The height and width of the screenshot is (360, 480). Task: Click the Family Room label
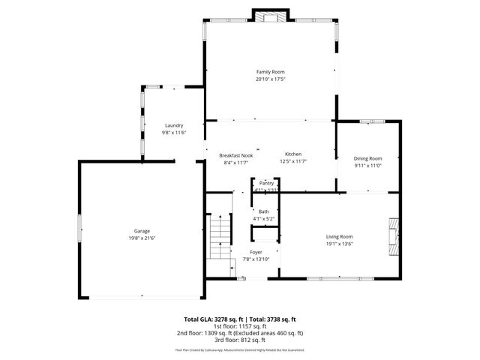point(270,71)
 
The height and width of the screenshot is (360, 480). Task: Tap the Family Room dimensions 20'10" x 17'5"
point(270,79)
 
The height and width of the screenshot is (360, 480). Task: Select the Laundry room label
point(174,125)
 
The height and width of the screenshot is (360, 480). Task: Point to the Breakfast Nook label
point(235,155)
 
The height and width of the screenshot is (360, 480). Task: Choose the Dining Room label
point(367,158)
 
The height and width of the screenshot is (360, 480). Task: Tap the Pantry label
point(266,183)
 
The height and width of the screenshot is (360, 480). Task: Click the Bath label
point(264,211)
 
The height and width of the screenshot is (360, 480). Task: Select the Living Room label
point(339,236)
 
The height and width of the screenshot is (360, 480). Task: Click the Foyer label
point(256,252)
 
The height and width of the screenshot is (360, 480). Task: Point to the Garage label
point(142,230)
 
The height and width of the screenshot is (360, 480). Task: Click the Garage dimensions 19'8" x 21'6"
point(142,238)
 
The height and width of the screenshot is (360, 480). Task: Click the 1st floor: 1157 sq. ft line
point(240,326)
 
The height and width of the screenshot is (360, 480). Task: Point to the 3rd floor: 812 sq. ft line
point(240,340)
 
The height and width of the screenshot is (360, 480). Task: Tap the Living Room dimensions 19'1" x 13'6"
point(339,244)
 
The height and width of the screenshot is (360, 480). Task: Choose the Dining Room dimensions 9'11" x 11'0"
point(367,166)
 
